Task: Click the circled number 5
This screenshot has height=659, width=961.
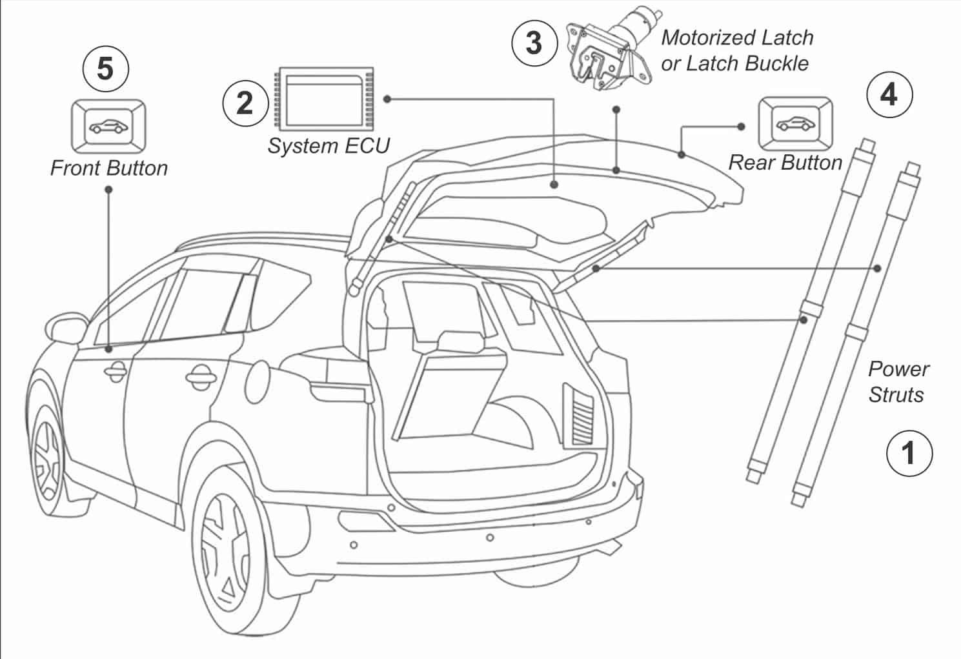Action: (x=106, y=68)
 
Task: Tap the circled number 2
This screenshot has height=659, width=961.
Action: (x=245, y=103)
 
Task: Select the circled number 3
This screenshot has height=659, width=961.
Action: (x=534, y=43)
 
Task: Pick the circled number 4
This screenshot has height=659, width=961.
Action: (x=889, y=95)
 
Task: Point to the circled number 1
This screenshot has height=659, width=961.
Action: (x=909, y=452)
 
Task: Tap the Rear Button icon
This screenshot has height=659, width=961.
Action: (x=795, y=123)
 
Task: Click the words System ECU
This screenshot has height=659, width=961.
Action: (x=329, y=146)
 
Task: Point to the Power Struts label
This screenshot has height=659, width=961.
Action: (x=898, y=381)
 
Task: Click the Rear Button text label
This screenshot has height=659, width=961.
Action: (x=785, y=163)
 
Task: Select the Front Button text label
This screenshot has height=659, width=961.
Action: (x=108, y=168)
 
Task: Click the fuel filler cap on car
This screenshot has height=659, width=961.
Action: (x=261, y=374)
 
